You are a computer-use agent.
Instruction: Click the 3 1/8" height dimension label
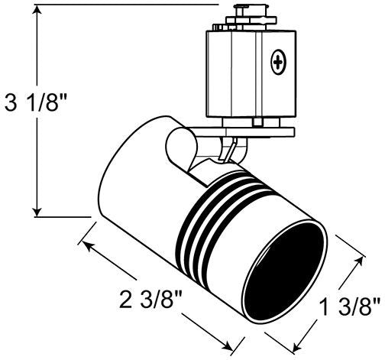coord(37,102)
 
